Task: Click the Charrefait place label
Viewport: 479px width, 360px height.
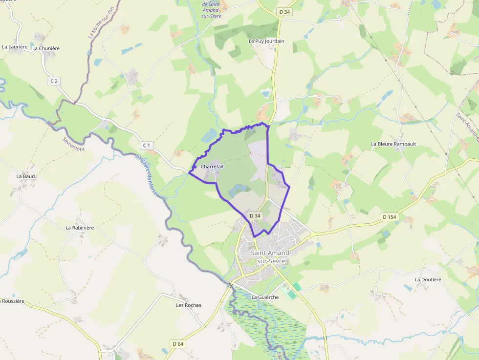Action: pyautogui.click(x=212, y=167)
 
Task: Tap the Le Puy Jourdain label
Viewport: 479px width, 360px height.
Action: pyautogui.click(x=266, y=42)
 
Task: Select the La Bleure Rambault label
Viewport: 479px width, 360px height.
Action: pyautogui.click(x=393, y=144)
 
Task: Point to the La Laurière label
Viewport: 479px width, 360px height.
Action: pyautogui.click(x=14, y=47)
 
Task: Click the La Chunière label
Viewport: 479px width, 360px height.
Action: pyautogui.click(x=46, y=49)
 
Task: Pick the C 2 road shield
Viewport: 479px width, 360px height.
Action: pyautogui.click(x=54, y=81)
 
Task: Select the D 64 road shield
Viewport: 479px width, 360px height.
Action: pyautogui.click(x=178, y=344)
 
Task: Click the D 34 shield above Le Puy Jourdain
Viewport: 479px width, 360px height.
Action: pyautogui.click(x=284, y=11)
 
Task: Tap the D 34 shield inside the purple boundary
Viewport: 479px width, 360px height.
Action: pyautogui.click(x=255, y=215)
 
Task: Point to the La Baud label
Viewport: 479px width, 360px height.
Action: pyautogui.click(x=25, y=176)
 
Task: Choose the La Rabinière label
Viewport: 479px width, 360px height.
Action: pyautogui.click(x=80, y=228)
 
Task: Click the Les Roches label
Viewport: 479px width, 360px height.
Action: pyautogui.click(x=189, y=305)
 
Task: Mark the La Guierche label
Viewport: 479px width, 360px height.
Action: pyautogui.click(x=265, y=297)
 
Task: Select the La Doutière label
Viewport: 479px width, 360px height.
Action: pyautogui.click(x=428, y=279)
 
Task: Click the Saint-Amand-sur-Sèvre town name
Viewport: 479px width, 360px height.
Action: pyautogui.click(x=270, y=257)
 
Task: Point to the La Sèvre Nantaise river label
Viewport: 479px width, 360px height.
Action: pyautogui.click(x=147, y=176)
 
